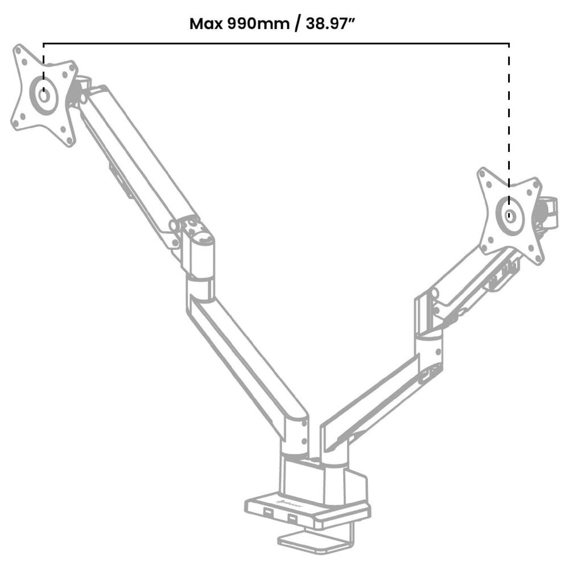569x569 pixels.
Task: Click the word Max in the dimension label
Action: point(206,24)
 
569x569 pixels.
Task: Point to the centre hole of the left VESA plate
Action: point(43,94)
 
